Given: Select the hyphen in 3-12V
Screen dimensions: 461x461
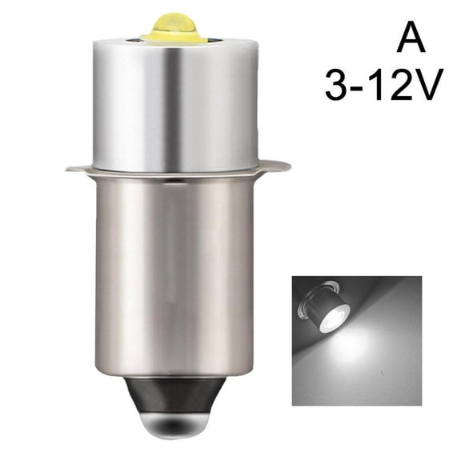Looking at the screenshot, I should (363, 86).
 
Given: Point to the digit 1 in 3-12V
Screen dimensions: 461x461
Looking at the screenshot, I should (380, 84).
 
